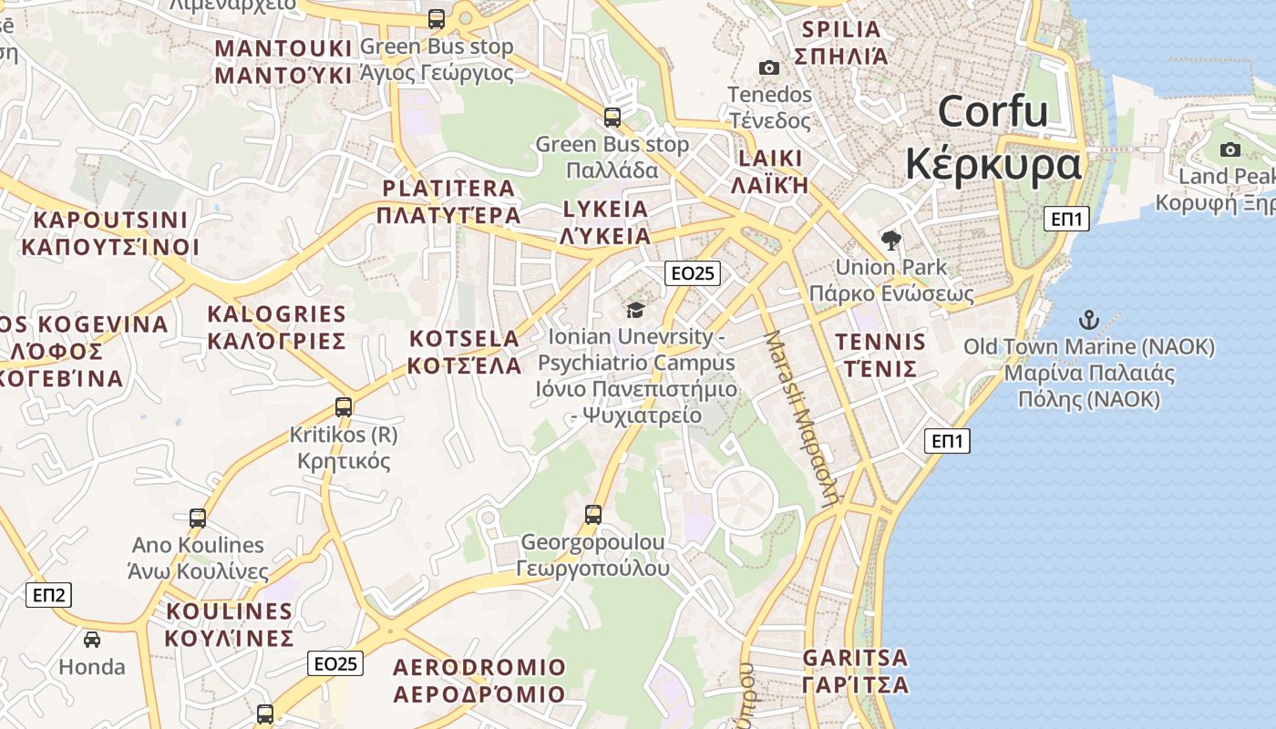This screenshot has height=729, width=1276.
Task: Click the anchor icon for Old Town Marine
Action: pyautogui.click(x=1088, y=320)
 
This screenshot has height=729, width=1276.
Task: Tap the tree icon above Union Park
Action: pyautogui.click(x=890, y=241)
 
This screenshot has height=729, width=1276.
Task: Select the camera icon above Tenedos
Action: pyautogui.click(x=769, y=67)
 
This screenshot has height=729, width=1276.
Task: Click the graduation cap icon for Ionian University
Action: pyautogui.click(x=635, y=310)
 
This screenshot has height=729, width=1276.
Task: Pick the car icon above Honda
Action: pyautogui.click(x=92, y=639)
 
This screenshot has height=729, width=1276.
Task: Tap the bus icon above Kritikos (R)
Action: pyautogui.click(x=344, y=407)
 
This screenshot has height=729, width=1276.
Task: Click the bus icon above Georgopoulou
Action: pyautogui.click(x=593, y=515)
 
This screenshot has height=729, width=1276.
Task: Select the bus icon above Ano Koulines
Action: pyautogui.click(x=198, y=519)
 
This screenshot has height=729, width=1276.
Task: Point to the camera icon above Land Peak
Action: pyautogui.click(x=1230, y=149)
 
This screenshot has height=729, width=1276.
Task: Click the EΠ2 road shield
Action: pyautogui.click(x=48, y=595)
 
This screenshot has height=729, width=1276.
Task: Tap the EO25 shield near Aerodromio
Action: pyautogui.click(x=334, y=663)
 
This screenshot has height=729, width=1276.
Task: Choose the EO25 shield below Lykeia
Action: pyautogui.click(x=693, y=272)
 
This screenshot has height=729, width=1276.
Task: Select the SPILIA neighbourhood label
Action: pyautogui.click(x=841, y=29)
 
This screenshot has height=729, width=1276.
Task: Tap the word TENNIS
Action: pyautogui.click(x=880, y=343)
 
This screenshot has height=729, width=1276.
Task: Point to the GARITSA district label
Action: pyautogui.click(x=855, y=658)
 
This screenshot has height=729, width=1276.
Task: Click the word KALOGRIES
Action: pyautogui.click(x=277, y=315)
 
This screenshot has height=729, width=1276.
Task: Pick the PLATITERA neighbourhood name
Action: pyautogui.click(x=448, y=189)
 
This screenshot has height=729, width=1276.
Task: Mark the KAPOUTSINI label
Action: pyautogui.click(x=110, y=221)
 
